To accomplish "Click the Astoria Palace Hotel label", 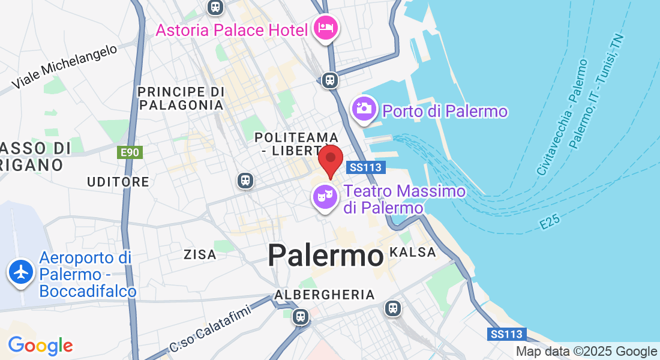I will coord(232,29).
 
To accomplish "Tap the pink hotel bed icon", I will coord(326,28).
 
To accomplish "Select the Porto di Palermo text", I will coord(445,112).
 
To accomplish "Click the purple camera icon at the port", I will coord(364,109).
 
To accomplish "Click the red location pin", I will coord(330,160).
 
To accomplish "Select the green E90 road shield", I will coord(130,152).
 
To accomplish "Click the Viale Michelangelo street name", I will coord(64,67).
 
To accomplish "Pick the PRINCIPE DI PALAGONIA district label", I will coord(181,98).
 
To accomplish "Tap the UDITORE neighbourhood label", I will coord(118,182).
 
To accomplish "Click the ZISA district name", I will coord(200,255).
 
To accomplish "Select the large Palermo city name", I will coord(326,256).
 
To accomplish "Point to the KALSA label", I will coord(413,253).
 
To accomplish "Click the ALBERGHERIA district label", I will coord(325,295).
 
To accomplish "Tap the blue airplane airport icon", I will coord(21,272).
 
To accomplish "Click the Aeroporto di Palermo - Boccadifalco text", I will coord(88,275).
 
